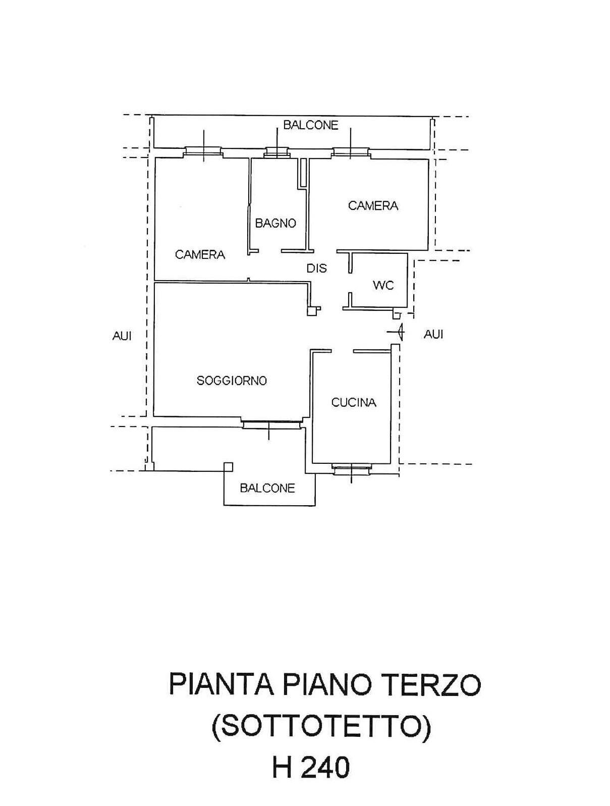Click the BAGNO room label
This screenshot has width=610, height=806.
click(275, 223)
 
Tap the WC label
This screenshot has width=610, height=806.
click(383, 285)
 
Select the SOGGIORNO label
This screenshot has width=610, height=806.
click(232, 381)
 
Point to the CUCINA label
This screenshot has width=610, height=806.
click(354, 402)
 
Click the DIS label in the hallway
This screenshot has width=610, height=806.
click(317, 268)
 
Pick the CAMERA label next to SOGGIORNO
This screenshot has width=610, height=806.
click(200, 254)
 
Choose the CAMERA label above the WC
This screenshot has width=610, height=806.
click(373, 205)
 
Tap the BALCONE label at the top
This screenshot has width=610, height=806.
click(310, 125)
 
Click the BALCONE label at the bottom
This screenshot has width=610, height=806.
click(267, 488)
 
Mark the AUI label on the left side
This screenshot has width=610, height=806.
click(122, 336)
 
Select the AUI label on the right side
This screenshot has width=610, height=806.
click(433, 334)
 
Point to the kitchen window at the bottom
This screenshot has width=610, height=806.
click(351, 469)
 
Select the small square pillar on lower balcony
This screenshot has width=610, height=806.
click(229, 467)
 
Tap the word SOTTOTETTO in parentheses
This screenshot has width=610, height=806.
click(321, 727)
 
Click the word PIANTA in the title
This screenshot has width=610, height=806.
click(220, 685)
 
